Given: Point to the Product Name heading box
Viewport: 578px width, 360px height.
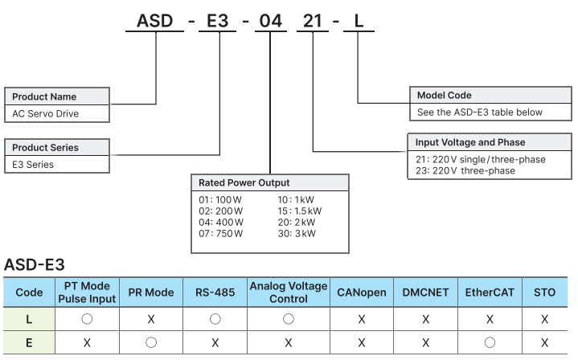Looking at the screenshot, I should (x=57, y=96).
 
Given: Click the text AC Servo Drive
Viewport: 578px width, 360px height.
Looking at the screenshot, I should (x=46, y=114).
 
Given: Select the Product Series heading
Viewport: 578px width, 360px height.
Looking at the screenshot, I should (x=57, y=148).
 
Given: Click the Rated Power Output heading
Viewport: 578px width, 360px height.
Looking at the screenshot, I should (x=269, y=182).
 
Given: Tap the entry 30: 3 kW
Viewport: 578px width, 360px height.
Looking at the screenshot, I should (x=297, y=234).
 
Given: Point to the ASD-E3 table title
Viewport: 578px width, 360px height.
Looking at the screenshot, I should (x=34, y=264).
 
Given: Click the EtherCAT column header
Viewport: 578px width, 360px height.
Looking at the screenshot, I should (x=490, y=292).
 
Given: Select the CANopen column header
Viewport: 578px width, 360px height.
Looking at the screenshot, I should (x=362, y=292).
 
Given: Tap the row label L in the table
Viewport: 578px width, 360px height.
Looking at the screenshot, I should (x=29, y=319).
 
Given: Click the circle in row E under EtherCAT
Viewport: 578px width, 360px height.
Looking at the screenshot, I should (x=490, y=342).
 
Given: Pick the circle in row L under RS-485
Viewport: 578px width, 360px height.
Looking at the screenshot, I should (x=215, y=319).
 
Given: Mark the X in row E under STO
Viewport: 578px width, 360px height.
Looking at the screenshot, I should (x=544, y=342).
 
